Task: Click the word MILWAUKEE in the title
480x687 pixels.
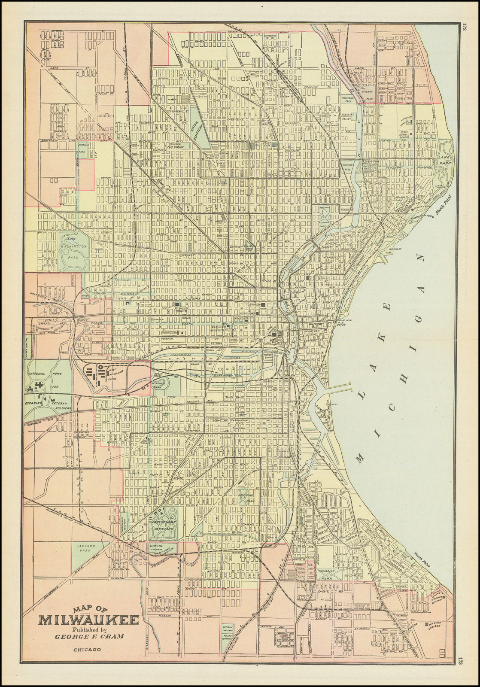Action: [x=89, y=620]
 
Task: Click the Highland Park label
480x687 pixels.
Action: [x=347, y=100]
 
